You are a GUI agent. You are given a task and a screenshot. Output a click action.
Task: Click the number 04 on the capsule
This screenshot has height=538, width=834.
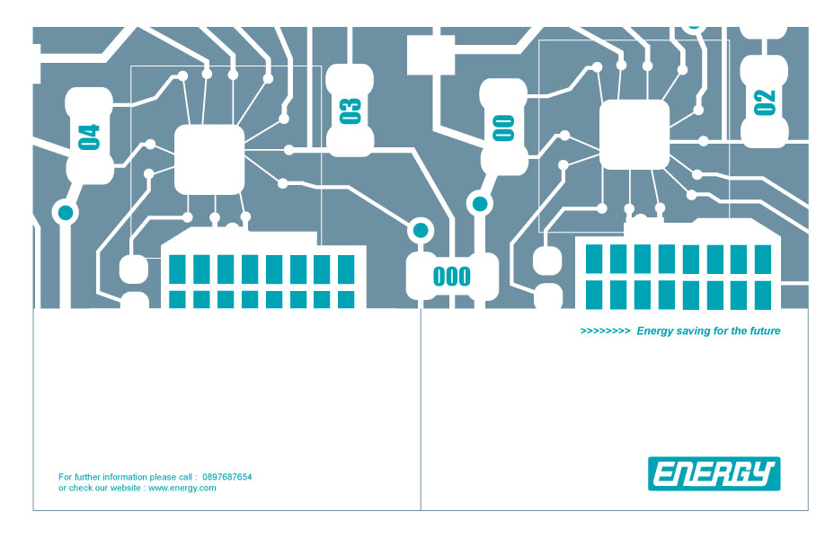[x=89, y=137]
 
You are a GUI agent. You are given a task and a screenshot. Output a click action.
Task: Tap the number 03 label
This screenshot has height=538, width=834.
[x=350, y=111]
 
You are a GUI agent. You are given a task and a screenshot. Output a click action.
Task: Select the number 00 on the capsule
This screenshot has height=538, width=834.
[x=503, y=128]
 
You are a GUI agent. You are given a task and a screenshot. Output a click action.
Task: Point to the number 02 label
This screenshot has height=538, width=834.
[x=764, y=102]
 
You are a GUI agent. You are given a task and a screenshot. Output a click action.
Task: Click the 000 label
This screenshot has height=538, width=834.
[x=452, y=277]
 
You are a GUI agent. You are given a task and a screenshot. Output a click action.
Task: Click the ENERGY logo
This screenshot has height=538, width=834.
[x=714, y=473]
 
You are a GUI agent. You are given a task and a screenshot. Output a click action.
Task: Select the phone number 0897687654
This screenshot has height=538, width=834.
[x=227, y=477]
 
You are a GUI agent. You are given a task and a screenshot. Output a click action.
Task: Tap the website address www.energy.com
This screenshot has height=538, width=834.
[x=182, y=488]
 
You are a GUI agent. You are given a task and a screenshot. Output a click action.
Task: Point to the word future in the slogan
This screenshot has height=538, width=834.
[x=765, y=331]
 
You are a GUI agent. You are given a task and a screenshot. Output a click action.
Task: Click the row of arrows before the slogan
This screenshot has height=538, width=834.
[x=606, y=331]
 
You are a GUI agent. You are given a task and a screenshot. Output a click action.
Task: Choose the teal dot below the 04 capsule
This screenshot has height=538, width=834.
[x=66, y=213]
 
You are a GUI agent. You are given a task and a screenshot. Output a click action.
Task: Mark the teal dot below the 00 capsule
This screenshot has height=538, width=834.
[x=480, y=204]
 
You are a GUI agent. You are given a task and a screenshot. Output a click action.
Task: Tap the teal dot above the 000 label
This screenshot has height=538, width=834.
[x=421, y=230]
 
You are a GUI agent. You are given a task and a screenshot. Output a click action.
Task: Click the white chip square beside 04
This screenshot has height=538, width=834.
[x=209, y=160]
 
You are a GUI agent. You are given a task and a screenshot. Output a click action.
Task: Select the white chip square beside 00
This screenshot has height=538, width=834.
[x=634, y=135]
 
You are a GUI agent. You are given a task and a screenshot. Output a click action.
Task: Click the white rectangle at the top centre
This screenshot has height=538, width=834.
[x=430, y=56]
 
